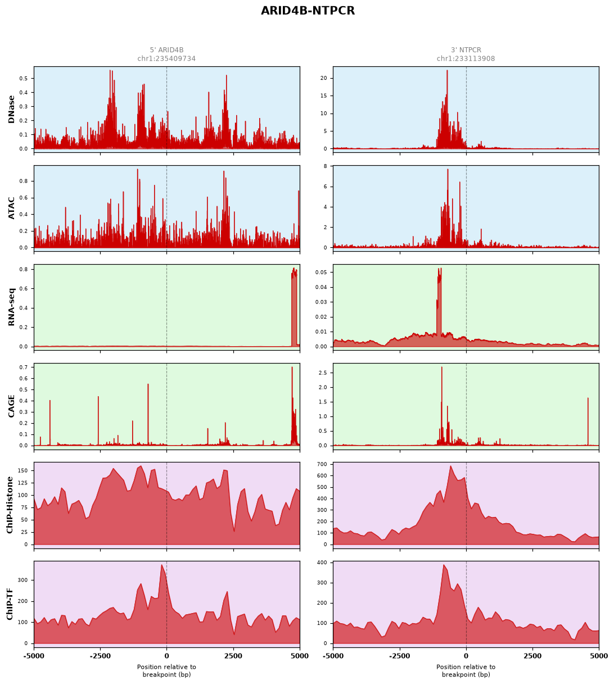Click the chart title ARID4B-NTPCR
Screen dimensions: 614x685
tap(308, 11)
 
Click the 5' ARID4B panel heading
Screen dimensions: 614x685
tap(166, 50)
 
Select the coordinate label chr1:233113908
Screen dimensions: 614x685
tap(466, 58)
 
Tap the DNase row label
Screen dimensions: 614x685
tap(11, 109)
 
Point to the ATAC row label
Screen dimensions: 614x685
tap(11, 208)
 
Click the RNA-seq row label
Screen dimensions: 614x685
tap(11, 307)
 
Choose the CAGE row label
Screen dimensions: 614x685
tap(11, 406)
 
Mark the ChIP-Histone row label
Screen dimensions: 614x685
tap(10, 505)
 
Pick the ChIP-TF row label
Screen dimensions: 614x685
tap(10, 604)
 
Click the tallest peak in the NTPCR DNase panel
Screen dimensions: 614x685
tap(447, 71)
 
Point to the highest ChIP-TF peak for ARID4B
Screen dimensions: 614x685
tap(161, 565)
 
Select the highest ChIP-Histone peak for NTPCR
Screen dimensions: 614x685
tap(450, 466)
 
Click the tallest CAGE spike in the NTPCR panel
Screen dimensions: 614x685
tap(441, 368)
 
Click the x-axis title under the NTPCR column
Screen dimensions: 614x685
tap(466, 671)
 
